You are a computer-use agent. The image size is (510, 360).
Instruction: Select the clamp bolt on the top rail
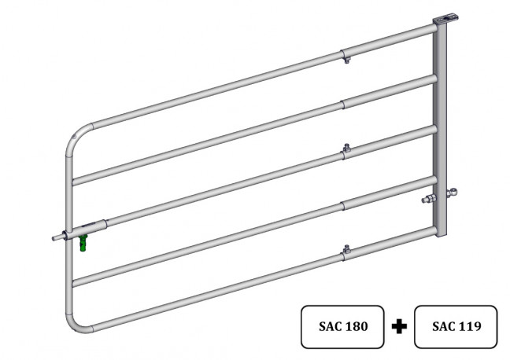coord(346,58)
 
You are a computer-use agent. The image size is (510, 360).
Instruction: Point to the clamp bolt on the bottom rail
coord(345,251)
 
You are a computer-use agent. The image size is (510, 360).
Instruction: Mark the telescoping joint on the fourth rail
coord(343,205)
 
